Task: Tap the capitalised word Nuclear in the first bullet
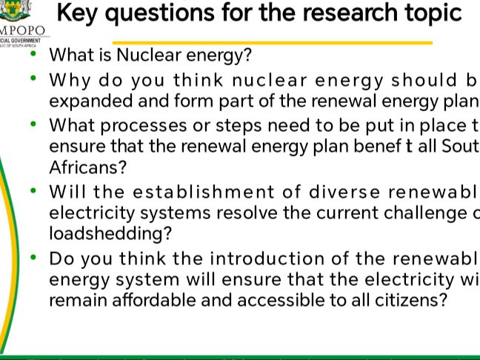click(153, 55)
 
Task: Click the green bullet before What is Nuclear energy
click(33, 53)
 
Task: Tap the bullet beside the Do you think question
click(33, 258)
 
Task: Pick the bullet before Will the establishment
click(33, 190)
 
